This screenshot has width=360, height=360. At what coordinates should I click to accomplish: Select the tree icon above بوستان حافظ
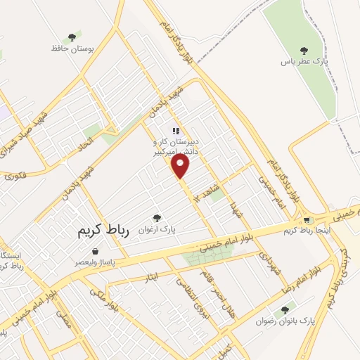[x=71, y=37]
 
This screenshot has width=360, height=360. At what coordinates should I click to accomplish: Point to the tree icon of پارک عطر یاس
[x=304, y=50]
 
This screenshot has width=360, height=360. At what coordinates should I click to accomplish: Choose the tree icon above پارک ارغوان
[x=157, y=218]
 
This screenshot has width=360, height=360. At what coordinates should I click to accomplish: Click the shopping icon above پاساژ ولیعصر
[x=94, y=251]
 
